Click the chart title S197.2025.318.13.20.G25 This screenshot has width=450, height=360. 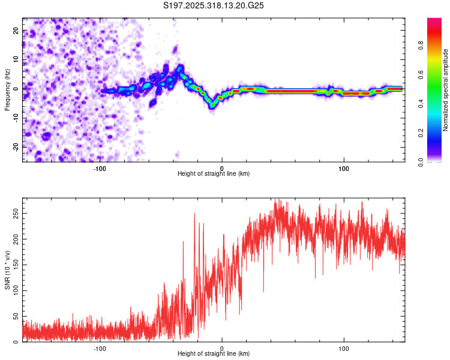click(214, 5)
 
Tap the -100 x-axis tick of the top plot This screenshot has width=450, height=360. click(100, 169)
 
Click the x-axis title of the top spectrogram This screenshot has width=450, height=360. click(214, 174)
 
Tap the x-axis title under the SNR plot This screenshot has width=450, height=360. click(214, 354)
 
